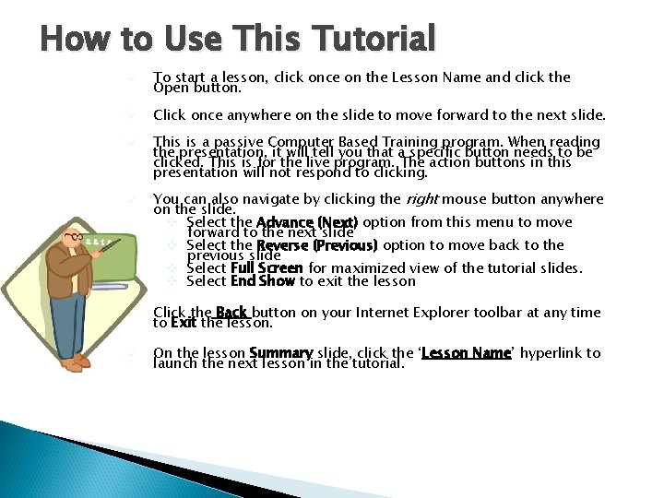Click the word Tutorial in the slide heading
(x=373, y=39)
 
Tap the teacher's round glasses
(x=74, y=237)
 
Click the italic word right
(x=421, y=198)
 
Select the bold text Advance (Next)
(x=307, y=222)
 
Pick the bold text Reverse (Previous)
(x=317, y=245)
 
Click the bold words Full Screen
(x=267, y=268)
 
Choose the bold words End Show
(x=262, y=280)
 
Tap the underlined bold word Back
(x=231, y=313)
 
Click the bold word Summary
(x=280, y=353)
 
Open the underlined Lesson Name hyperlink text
(x=466, y=353)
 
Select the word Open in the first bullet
(x=171, y=89)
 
